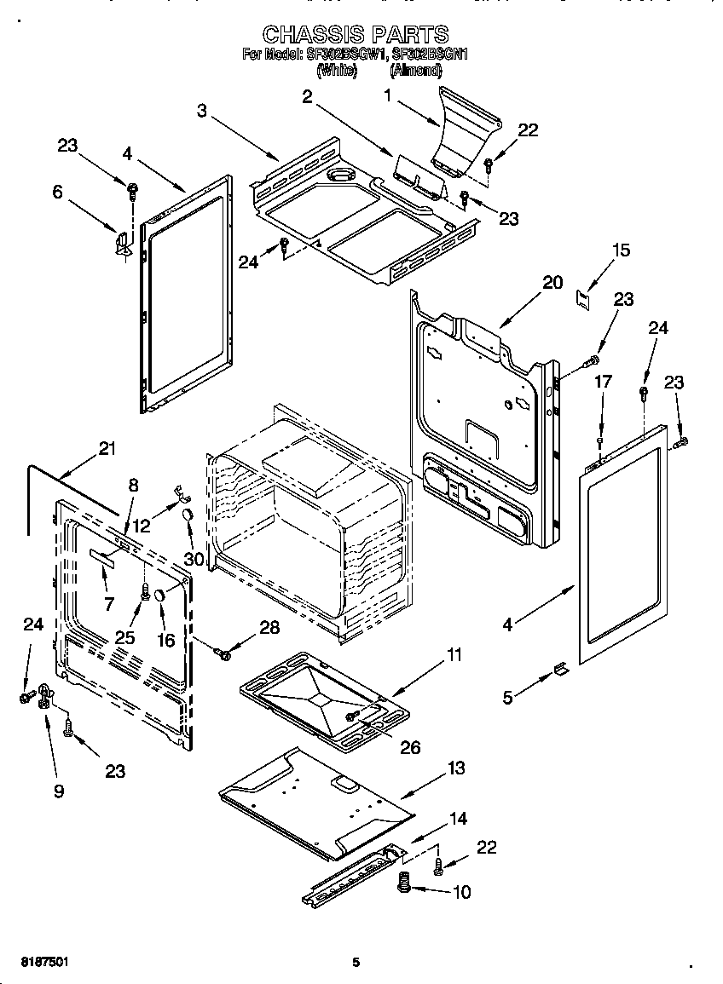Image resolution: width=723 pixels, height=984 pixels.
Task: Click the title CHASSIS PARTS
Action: point(355,34)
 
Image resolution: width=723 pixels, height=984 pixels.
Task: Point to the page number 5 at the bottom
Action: point(356,963)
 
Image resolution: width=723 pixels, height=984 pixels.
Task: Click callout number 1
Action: point(388,96)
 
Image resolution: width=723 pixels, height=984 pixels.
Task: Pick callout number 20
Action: point(552,282)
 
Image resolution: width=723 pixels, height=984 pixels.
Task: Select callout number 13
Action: point(456,768)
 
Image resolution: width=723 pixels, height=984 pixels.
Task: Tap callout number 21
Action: point(107,449)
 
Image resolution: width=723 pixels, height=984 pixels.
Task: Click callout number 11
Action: point(454,654)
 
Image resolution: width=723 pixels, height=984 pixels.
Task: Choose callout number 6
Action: point(57,193)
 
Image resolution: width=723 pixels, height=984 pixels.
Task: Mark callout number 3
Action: point(202,110)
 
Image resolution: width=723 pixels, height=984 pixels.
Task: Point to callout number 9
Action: point(59,791)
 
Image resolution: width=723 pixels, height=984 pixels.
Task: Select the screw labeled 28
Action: point(224,653)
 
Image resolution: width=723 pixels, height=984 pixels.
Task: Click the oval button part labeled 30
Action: point(186,515)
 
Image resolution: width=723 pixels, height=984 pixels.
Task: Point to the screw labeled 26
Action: point(350,717)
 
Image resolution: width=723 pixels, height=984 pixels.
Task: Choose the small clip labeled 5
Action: point(560,670)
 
